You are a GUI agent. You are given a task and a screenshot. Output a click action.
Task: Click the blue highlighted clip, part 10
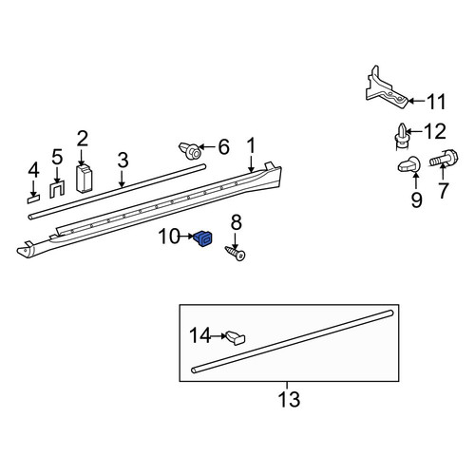(x=203, y=238)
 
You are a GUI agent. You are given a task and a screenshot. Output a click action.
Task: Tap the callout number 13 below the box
(x=289, y=399)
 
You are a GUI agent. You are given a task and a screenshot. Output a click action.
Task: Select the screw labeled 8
(x=236, y=253)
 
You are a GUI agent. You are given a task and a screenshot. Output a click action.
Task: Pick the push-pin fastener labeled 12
(x=402, y=136)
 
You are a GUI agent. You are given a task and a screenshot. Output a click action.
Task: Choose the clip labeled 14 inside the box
(x=236, y=337)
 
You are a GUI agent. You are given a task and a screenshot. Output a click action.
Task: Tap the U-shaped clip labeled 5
(x=57, y=189)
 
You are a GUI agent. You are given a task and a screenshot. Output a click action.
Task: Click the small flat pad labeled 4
(x=33, y=199)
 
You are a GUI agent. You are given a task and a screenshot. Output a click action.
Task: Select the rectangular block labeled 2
(x=85, y=179)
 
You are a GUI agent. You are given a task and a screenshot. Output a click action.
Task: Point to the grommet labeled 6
(x=190, y=151)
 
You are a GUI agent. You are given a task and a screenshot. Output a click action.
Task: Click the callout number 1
(x=251, y=145)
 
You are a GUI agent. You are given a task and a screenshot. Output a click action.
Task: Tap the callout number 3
(x=123, y=161)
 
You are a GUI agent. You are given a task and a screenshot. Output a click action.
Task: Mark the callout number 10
(x=169, y=237)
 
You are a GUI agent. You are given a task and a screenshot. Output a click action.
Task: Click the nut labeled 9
(x=408, y=164)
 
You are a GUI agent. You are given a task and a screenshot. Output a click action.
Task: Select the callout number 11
(x=437, y=102)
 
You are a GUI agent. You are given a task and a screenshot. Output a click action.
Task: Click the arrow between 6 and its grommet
(x=206, y=147)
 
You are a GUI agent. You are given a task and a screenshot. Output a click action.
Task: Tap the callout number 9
(x=416, y=200)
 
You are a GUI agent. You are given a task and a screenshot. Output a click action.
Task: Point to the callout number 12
(x=435, y=131)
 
